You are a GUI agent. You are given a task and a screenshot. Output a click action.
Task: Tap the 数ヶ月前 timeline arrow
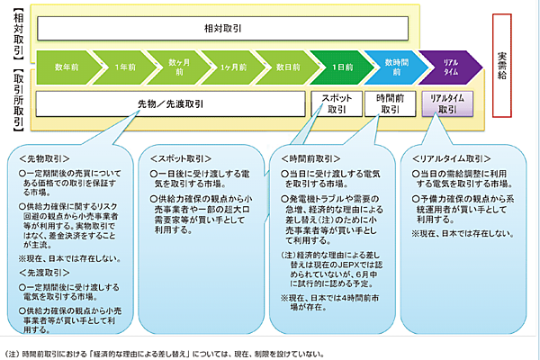point(179,67)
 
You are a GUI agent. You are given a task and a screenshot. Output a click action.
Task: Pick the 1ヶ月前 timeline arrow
point(235,67)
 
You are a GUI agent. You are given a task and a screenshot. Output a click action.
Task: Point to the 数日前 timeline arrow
point(290,67)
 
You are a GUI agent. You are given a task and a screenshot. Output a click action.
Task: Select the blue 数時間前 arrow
point(397,67)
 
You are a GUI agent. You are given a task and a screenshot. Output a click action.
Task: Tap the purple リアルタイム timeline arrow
point(451,67)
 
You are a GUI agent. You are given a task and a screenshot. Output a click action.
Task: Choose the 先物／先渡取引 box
point(172,103)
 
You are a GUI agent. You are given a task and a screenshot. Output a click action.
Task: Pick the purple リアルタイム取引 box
point(446,103)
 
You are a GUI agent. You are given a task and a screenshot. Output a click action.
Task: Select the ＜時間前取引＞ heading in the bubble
point(308,159)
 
